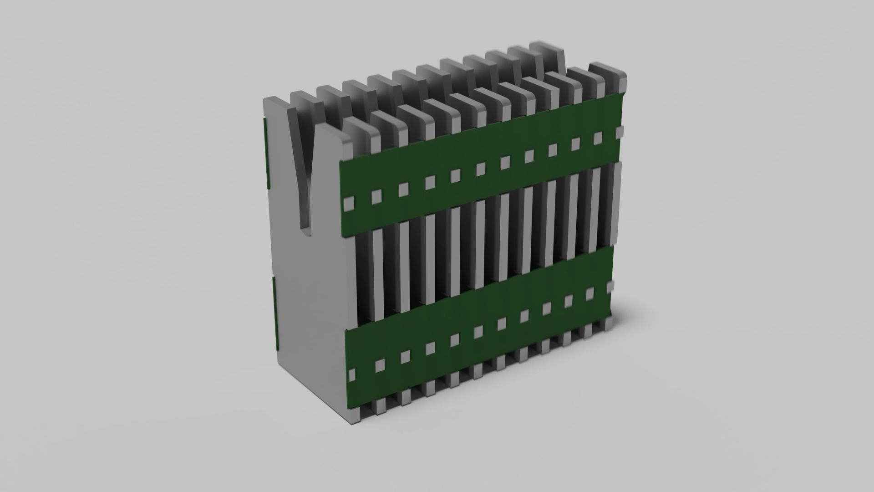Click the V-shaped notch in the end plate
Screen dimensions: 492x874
304,182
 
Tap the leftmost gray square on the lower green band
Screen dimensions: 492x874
352,375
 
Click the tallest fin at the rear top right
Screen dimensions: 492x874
549,57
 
